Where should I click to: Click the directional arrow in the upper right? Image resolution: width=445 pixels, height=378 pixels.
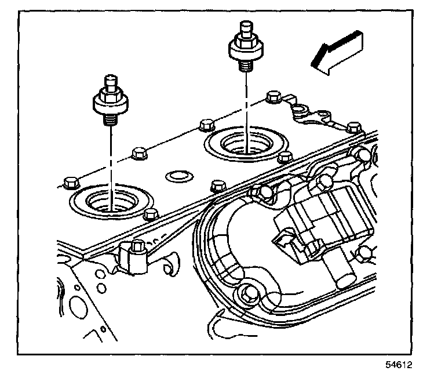337,53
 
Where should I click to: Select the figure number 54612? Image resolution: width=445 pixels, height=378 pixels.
399,365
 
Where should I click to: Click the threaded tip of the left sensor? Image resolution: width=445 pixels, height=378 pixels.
111,119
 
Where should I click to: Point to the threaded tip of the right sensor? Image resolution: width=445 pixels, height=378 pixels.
246,66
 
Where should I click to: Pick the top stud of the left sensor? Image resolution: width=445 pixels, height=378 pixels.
111,82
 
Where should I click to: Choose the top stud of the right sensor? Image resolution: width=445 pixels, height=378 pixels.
246,28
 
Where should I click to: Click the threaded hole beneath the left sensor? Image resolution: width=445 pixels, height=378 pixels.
112,201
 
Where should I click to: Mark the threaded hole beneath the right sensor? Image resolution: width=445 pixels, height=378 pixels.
247,144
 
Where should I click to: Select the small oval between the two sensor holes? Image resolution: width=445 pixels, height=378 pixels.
180,177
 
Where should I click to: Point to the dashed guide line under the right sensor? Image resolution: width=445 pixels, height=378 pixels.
246,112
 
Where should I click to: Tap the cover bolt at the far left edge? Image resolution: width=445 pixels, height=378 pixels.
70,183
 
